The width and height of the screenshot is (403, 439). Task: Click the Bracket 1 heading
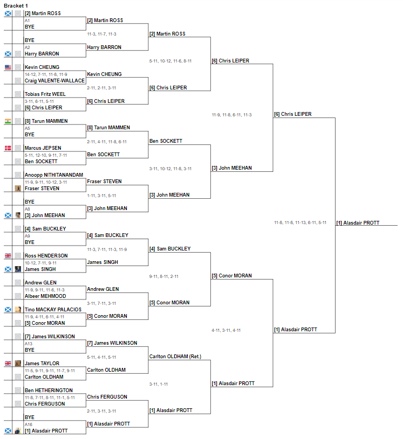coord(16,5)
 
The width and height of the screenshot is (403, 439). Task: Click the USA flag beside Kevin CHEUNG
coord(8,67)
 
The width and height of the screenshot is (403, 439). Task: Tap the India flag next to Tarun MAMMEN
coord(8,121)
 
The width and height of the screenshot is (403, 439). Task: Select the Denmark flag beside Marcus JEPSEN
coord(8,148)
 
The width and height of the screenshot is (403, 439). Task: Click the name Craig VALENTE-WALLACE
coord(54,81)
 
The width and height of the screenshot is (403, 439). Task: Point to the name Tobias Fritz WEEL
coord(45,94)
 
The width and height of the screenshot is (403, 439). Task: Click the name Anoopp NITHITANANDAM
coord(54,175)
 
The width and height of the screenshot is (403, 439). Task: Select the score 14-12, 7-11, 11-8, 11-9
coord(46,74)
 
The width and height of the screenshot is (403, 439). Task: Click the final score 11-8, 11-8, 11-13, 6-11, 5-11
coord(300,222)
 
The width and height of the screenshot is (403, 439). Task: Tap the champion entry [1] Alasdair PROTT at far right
coord(358,223)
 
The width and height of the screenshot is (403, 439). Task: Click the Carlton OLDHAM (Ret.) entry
coord(175,357)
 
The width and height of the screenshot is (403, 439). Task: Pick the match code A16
coord(29,424)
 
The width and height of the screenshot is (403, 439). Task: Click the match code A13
coord(29,344)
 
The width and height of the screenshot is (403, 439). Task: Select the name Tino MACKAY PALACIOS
coord(53,309)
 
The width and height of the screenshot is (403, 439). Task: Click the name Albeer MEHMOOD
coord(45,296)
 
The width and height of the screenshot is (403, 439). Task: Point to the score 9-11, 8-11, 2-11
coord(164,276)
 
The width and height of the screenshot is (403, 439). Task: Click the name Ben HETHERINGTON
coord(49,391)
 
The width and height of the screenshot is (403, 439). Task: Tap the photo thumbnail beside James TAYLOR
coord(18,364)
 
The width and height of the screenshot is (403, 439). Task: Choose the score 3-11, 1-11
coord(159,384)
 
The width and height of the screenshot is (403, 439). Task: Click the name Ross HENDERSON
coord(46,256)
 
